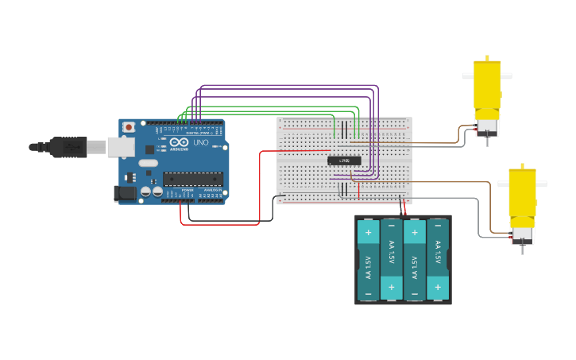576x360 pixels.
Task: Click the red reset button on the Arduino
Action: click(129, 127)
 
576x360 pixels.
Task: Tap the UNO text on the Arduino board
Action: click(200, 143)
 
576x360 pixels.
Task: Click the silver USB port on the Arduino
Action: click(120, 146)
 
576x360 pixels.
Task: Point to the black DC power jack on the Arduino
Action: click(125, 192)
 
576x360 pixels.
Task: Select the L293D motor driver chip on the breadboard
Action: click(344, 161)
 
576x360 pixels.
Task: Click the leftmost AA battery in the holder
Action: click(368, 260)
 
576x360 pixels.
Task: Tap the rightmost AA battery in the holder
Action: click(438, 260)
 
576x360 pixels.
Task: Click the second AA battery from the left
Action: click(391, 260)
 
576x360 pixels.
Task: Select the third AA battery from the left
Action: click(415, 260)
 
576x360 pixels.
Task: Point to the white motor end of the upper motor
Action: click(486, 126)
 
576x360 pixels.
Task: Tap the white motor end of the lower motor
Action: click(522, 234)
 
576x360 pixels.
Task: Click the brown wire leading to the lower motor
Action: click(489, 207)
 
